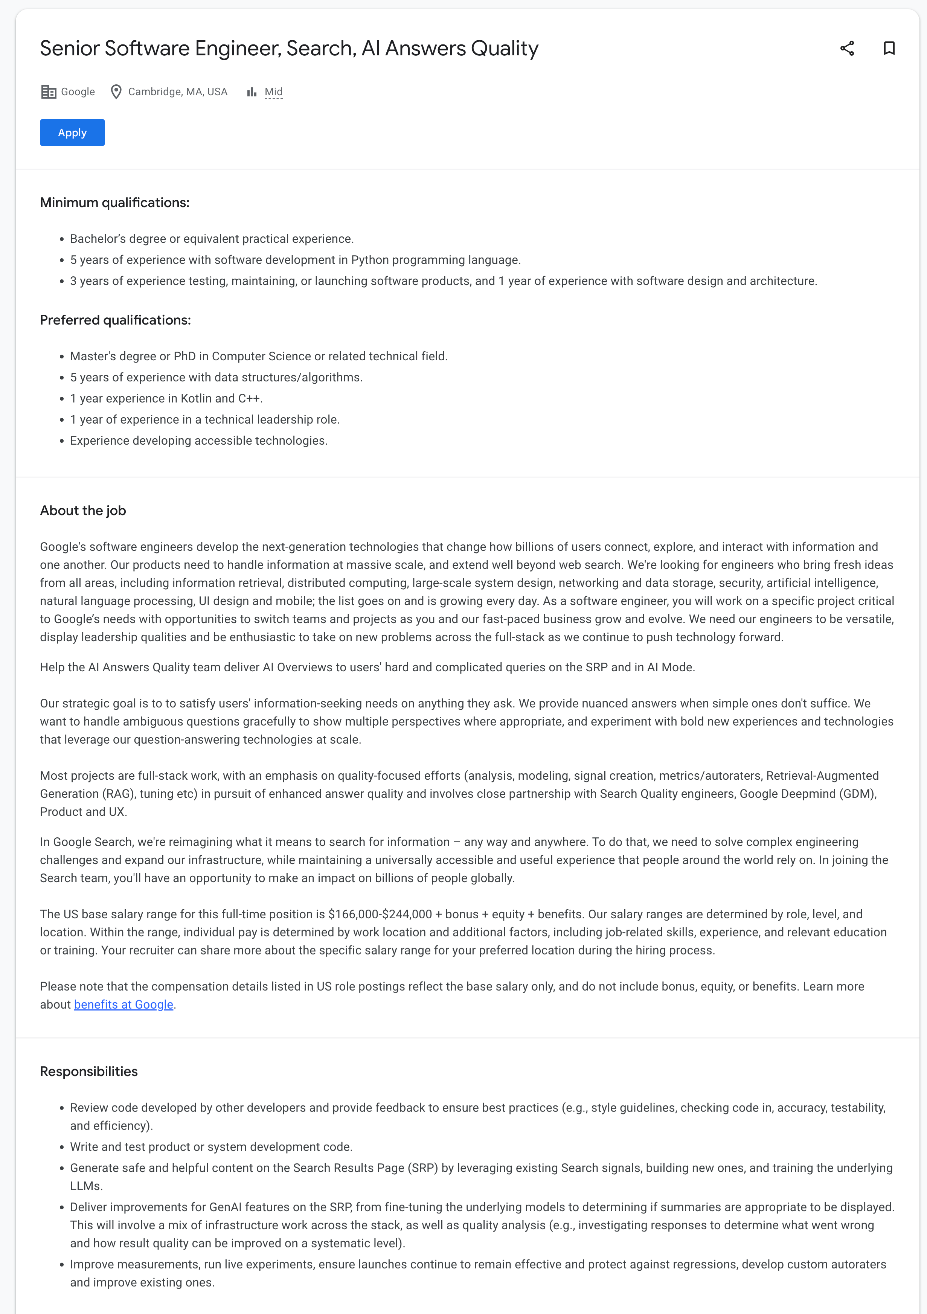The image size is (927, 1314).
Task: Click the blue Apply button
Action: coord(72,133)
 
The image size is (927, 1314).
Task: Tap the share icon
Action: coord(847,49)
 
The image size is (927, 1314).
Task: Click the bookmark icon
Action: coord(889,49)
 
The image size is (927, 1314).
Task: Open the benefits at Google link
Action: coord(123,1005)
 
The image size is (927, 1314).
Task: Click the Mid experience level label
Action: coord(273,91)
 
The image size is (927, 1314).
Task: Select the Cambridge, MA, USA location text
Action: coord(177,91)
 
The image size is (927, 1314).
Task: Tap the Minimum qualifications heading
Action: coord(114,203)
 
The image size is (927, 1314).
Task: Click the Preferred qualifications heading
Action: coord(115,320)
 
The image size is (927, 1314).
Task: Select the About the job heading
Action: coord(83,511)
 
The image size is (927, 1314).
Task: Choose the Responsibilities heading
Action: coord(89,1072)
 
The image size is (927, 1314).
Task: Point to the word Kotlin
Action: coord(196,398)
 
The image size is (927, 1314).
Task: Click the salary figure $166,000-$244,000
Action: coord(380,914)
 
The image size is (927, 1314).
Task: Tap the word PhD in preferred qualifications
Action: coord(184,356)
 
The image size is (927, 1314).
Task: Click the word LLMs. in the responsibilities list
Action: coord(86,1186)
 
